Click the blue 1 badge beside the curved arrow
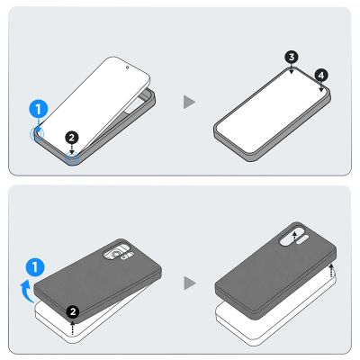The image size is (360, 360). pyautogui.click(x=35, y=267)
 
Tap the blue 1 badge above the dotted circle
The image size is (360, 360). pyautogui.click(x=39, y=109)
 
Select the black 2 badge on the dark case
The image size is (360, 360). pyautogui.click(x=73, y=312)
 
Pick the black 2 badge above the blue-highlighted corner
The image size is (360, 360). pyautogui.click(x=72, y=138)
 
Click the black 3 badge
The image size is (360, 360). pyautogui.click(x=292, y=57)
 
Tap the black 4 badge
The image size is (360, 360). pyautogui.click(x=321, y=76)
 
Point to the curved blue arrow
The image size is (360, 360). pyautogui.click(x=26, y=291)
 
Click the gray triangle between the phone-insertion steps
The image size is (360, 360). pyautogui.click(x=189, y=102)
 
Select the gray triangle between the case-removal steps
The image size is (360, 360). pyautogui.click(x=189, y=283)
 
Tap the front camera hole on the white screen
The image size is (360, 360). pyautogui.click(x=128, y=67)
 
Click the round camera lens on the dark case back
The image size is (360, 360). pyautogui.click(x=115, y=255)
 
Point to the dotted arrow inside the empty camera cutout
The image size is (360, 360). pyautogui.click(x=295, y=236)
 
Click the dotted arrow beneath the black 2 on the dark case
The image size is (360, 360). pyautogui.click(x=72, y=328)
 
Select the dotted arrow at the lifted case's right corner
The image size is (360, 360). pyautogui.click(x=331, y=271)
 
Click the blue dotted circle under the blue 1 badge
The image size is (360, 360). pyautogui.click(x=37, y=133)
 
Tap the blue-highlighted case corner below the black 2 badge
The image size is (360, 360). pyautogui.click(x=72, y=158)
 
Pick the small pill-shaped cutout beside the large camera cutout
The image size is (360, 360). pyautogui.click(x=303, y=238)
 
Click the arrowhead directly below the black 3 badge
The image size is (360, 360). pyautogui.click(x=292, y=72)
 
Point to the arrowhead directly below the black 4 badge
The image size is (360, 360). pyautogui.click(x=321, y=90)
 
